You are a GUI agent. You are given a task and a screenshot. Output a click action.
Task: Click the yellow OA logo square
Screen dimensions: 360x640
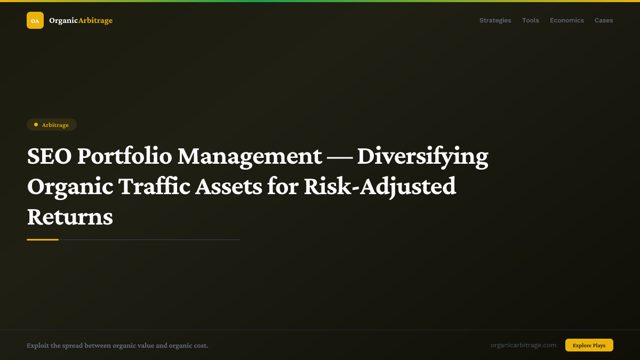35,20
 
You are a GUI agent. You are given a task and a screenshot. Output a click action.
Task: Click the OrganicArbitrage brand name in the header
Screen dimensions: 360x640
81,20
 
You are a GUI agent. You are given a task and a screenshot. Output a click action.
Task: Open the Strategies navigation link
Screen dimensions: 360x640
495,20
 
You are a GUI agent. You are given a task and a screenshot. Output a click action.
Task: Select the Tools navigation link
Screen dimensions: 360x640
530,20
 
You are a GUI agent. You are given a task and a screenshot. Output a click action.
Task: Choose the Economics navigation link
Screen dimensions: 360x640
566,20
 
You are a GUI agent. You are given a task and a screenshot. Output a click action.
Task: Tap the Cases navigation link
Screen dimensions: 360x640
604,20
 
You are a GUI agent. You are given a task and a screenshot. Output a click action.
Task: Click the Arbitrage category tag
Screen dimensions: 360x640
52,125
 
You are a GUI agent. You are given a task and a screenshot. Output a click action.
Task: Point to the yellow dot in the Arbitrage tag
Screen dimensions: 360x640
36,124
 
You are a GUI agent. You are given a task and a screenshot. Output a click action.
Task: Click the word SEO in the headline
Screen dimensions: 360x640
49,156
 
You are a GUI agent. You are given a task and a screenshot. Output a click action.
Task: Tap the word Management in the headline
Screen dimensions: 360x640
250,156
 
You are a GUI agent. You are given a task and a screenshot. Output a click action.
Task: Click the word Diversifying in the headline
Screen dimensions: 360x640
422,156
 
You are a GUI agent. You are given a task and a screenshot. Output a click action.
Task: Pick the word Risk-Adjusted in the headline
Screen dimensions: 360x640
380,187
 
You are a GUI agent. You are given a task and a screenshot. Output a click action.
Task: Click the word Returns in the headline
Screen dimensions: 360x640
70,217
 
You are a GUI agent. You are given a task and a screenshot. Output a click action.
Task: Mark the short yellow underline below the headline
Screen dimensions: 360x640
43,240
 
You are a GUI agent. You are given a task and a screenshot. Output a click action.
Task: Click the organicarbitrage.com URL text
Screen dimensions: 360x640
523,345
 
